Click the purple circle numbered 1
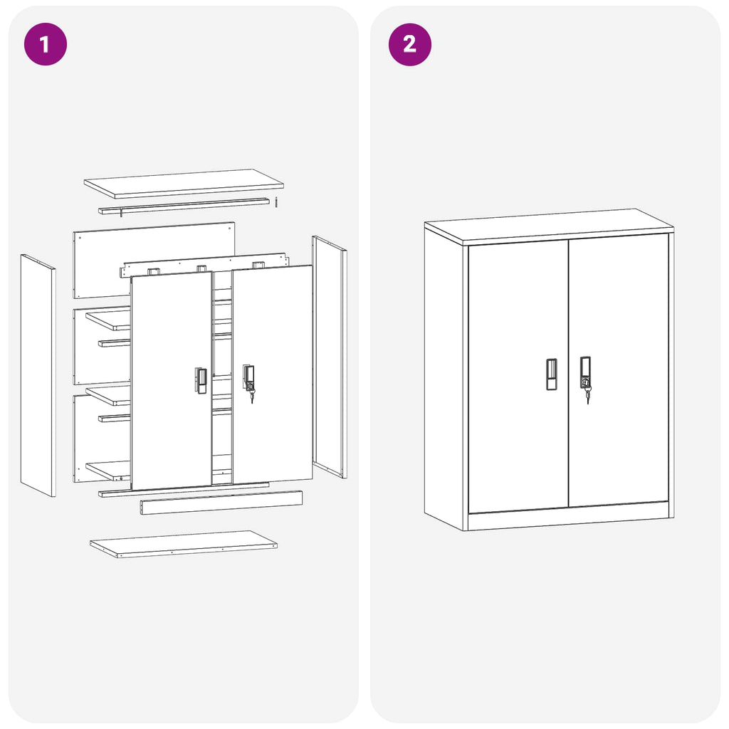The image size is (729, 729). click(x=45, y=44)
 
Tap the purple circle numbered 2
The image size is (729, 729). click(x=409, y=44)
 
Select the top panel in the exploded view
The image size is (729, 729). click(x=184, y=183)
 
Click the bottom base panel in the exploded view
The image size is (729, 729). click(x=183, y=544)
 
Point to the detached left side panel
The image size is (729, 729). click(x=38, y=375)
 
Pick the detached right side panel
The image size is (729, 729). click(x=330, y=356)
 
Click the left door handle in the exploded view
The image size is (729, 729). click(x=201, y=380)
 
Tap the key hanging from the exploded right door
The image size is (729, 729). click(x=251, y=395)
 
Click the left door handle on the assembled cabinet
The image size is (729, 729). click(x=552, y=374)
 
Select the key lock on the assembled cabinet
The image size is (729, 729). click(x=586, y=382)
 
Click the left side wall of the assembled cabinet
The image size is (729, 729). click(x=444, y=377)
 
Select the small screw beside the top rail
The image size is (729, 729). click(x=276, y=202)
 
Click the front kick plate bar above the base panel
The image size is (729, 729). click(x=221, y=503)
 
